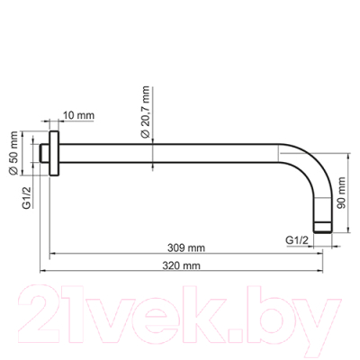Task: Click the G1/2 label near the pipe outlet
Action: click(297, 240)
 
